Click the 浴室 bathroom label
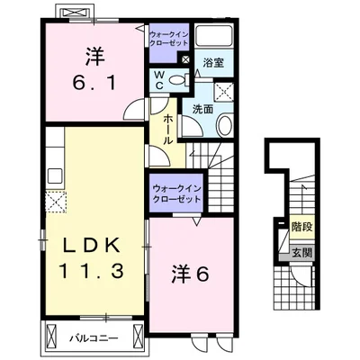tap(213, 65)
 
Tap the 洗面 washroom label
tap(202, 109)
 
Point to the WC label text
tap(158, 77)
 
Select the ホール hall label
tap(167, 122)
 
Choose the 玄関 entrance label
tap(301, 251)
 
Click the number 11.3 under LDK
tap(92, 269)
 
